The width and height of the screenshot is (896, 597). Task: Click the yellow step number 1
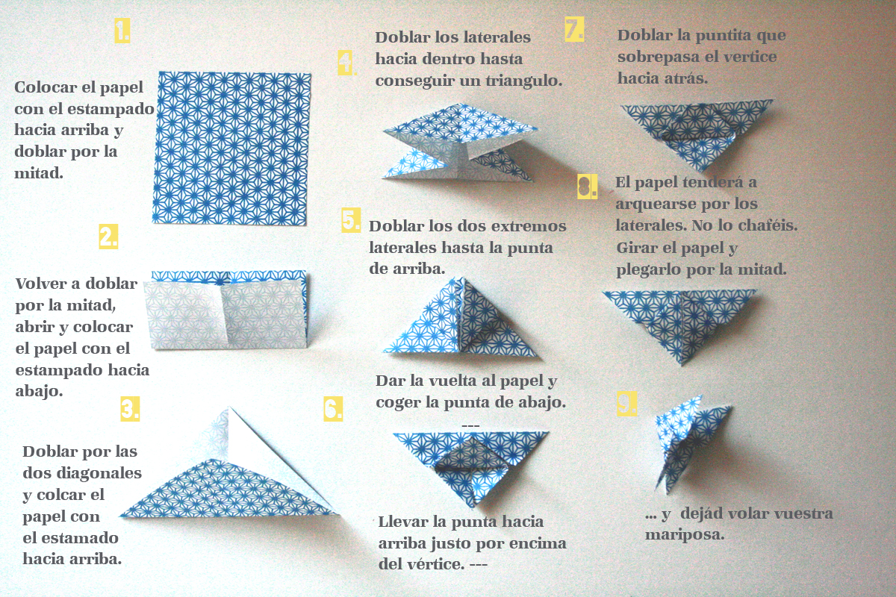click(122, 31)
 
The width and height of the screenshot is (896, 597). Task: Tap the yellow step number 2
click(108, 237)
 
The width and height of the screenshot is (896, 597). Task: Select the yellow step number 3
click(130, 409)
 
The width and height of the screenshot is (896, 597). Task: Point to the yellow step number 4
click(346, 63)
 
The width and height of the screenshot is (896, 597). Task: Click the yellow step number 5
click(351, 220)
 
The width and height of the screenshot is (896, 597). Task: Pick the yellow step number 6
click(333, 409)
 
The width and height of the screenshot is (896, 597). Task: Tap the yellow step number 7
click(574, 29)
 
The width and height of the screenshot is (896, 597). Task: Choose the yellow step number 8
click(587, 187)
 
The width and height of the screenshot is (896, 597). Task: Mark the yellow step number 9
click(626, 404)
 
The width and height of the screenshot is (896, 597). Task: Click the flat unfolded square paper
click(231, 149)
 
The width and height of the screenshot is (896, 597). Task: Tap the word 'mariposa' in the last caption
click(685, 535)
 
